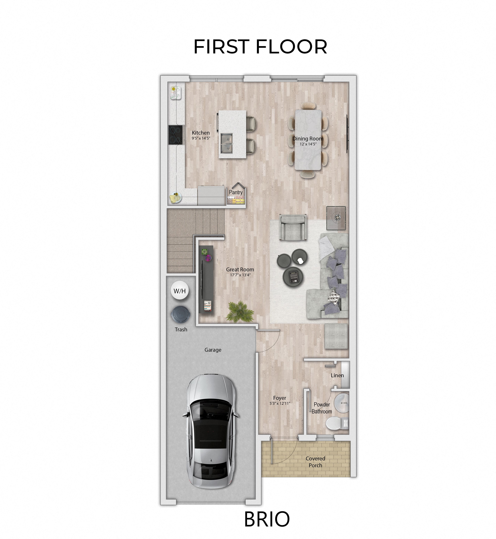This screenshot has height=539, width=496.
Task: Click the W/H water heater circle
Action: pos(179,291)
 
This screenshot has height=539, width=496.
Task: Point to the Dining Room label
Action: pos(308,139)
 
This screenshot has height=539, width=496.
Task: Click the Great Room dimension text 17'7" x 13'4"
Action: pos(240,275)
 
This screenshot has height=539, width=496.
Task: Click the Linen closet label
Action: pos(337,375)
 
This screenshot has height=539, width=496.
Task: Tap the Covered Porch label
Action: pos(315,462)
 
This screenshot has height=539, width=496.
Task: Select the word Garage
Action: pos(213,350)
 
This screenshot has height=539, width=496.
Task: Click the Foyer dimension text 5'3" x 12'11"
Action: pos(280,403)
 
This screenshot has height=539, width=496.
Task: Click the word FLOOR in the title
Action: pos(291,47)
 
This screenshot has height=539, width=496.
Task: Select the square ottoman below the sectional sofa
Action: pos(336,336)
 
